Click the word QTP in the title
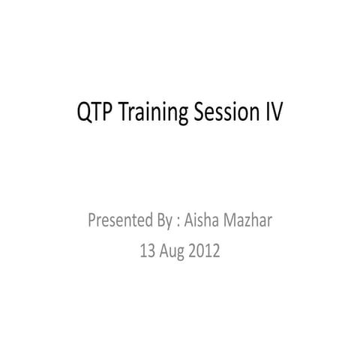pos(94,113)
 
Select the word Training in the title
pos(150,115)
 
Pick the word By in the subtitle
pos(164,222)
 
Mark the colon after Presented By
pos(178,223)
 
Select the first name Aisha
pos(202,221)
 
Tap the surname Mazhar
pos(249,221)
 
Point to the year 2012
pos(205,251)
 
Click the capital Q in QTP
pos(85,113)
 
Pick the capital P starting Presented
pos(93,221)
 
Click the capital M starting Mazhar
pos(232,221)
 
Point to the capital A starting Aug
pos(165,251)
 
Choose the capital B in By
pos(160,221)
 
